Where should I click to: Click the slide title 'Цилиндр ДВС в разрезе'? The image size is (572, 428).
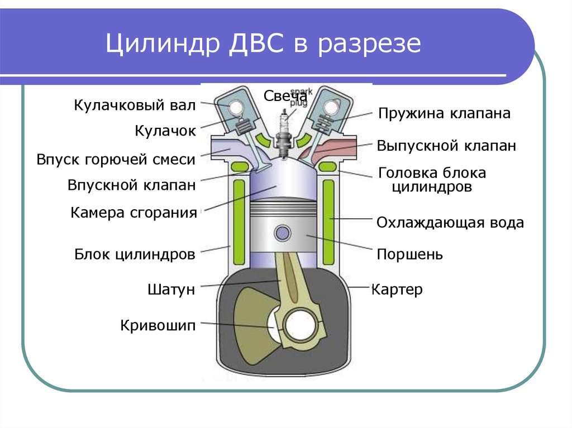pyautogui.click(x=263, y=44)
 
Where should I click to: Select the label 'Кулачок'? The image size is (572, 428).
pyautogui.click(x=165, y=131)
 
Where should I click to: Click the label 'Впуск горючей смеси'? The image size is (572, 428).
pyautogui.click(x=116, y=160)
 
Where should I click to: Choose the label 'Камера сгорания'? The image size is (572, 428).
pyautogui.click(x=134, y=213)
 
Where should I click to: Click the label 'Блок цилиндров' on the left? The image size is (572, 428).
pyautogui.click(x=135, y=255)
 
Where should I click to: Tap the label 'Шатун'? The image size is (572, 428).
pyautogui.click(x=171, y=290)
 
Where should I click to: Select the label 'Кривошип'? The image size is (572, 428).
pyautogui.click(x=158, y=325)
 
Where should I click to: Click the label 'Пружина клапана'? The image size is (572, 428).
pyautogui.click(x=444, y=114)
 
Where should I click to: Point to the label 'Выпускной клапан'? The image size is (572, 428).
pyautogui.click(x=446, y=146)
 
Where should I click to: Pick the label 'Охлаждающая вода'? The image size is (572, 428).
pyautogui.click(x=450, y=223)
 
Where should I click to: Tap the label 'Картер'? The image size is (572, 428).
pyautogui.click(x=397, y=290)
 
